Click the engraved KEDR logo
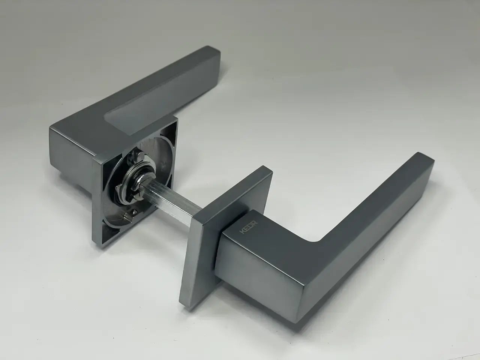pyautogui.click(x=249, y=228)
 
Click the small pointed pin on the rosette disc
pyautogui.click(x=133, y=211)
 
